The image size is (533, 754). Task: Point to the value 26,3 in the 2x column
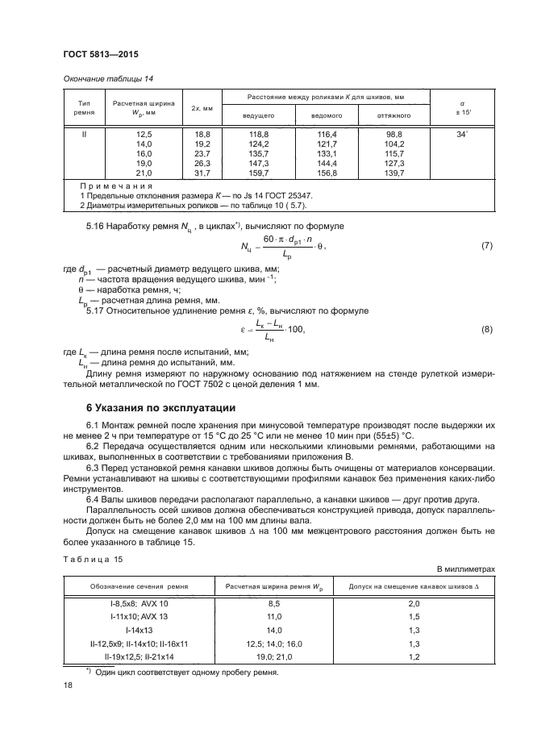click(x=202, y=162)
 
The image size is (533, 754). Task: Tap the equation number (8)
click(x=485, y=329)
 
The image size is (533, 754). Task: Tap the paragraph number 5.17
click(x=96, y=310)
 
